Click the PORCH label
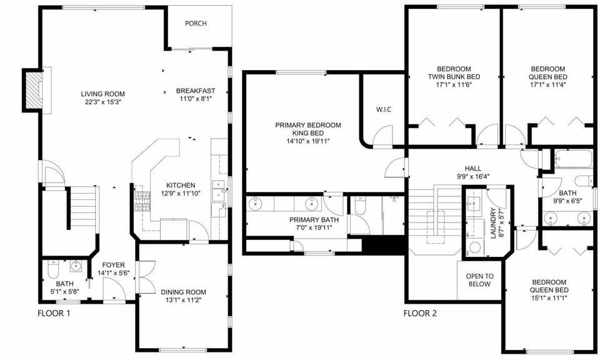point(196,24)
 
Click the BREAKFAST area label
point(196,90)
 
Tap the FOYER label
point(114,264)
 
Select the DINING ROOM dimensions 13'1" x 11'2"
point(183,300)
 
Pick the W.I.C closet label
point(383,110)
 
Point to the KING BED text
point(308,133)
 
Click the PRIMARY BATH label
point(314,220)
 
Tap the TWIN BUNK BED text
point(454,77)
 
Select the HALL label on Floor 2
point(472,168)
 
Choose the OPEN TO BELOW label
point(480,280)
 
